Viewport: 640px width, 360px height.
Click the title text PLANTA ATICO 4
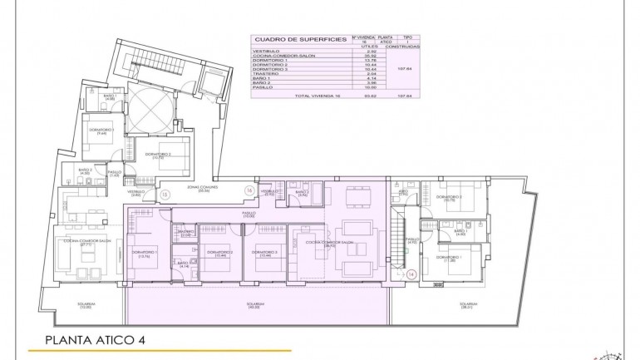pos(96,339)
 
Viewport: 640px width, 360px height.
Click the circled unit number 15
pos(165,194)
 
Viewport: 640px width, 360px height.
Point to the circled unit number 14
pos(411,273)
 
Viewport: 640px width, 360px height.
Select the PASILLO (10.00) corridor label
pos(249,214)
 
